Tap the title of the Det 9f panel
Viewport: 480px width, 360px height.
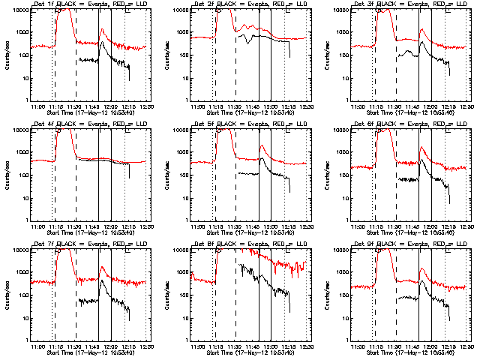[409, 244]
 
